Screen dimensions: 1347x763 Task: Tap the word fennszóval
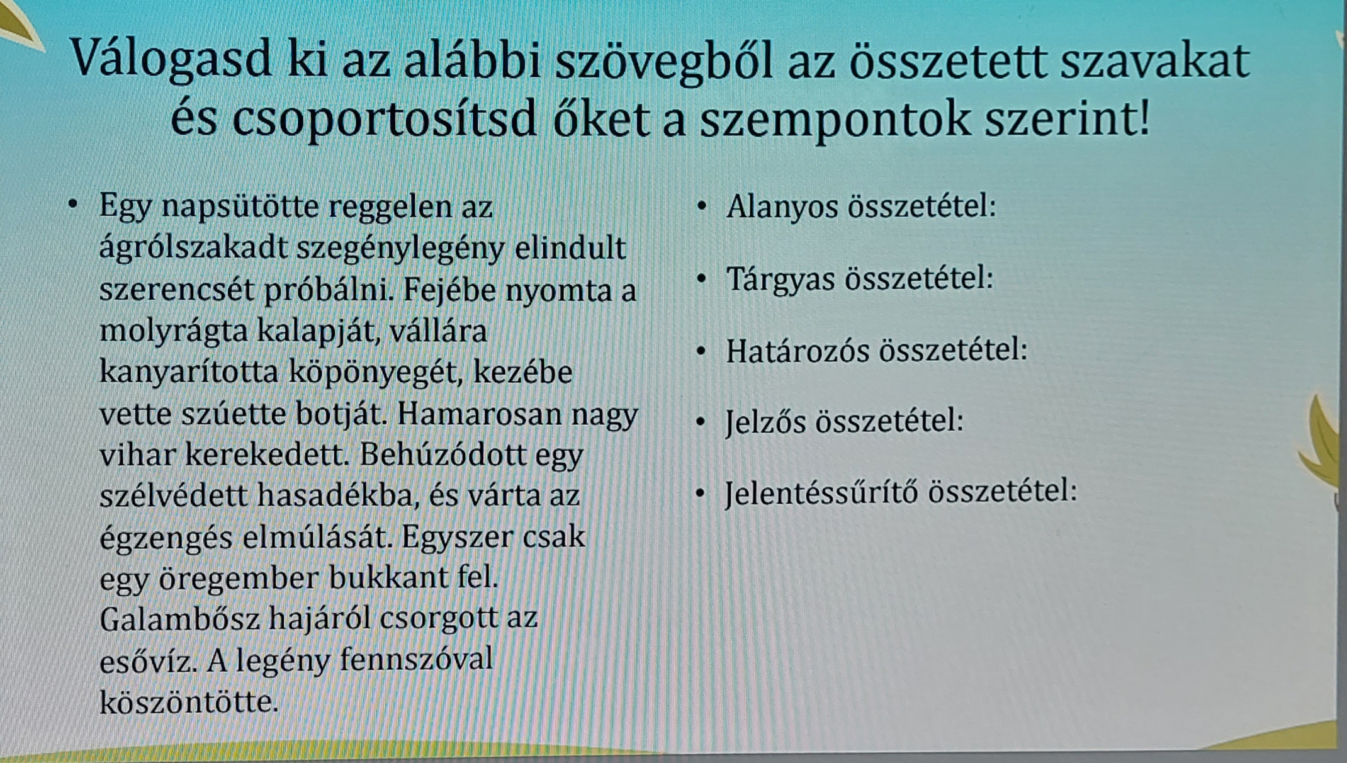tap(416, 660)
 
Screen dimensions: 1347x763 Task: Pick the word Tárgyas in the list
tap(781, 279)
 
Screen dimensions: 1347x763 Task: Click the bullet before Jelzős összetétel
tap(701, 421)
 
